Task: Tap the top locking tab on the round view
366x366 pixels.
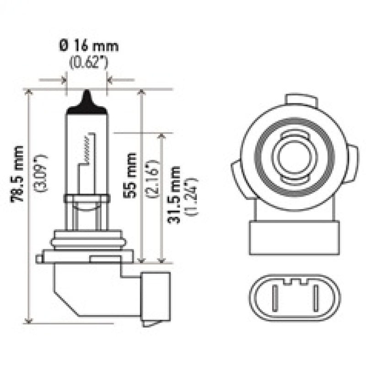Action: click(x=301, y=100)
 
